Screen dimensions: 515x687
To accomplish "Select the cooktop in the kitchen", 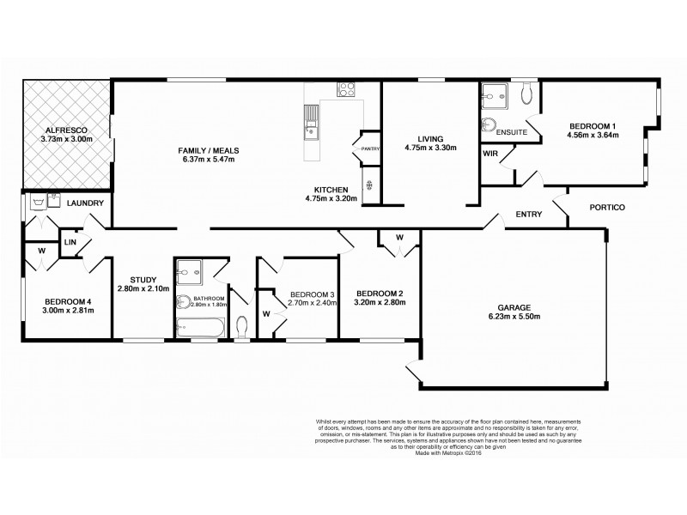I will click(346, 88).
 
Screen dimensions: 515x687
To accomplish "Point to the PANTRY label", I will click(370, 148).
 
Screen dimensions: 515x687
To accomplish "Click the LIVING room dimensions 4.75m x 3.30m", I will click(429, 148).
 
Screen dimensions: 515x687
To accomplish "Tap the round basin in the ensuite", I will click(491, 121).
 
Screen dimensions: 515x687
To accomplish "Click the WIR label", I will click(490, 154).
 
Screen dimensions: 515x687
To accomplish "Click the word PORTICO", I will click(606, 207).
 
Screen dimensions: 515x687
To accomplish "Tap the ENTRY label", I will click(527, 215).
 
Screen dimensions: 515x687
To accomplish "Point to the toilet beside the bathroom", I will click(242, 326).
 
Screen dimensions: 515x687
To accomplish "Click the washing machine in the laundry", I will click(37, 203).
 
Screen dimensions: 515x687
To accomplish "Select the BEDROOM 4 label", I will click(58, 301).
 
